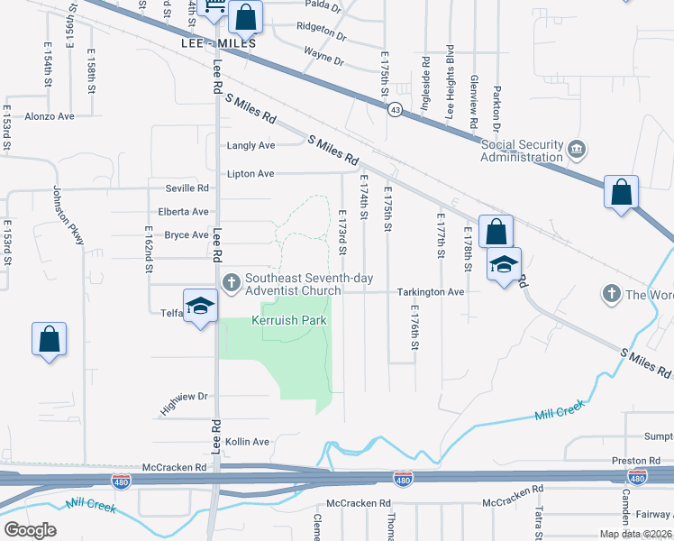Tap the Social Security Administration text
click(x=522, y=151)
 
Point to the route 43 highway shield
click(x=395, y=109)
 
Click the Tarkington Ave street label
click(x=431, y=292)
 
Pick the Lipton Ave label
click(x=250, y=173)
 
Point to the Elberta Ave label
click(x=183, y=212)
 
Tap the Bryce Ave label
click(x=186, y=235)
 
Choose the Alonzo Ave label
click(x=50, y=116)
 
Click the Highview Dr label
click(x=184, y=396)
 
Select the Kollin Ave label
click(x=248, y=442)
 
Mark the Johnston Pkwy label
click(x=68, y=215)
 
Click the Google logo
click(x=30, y=530)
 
